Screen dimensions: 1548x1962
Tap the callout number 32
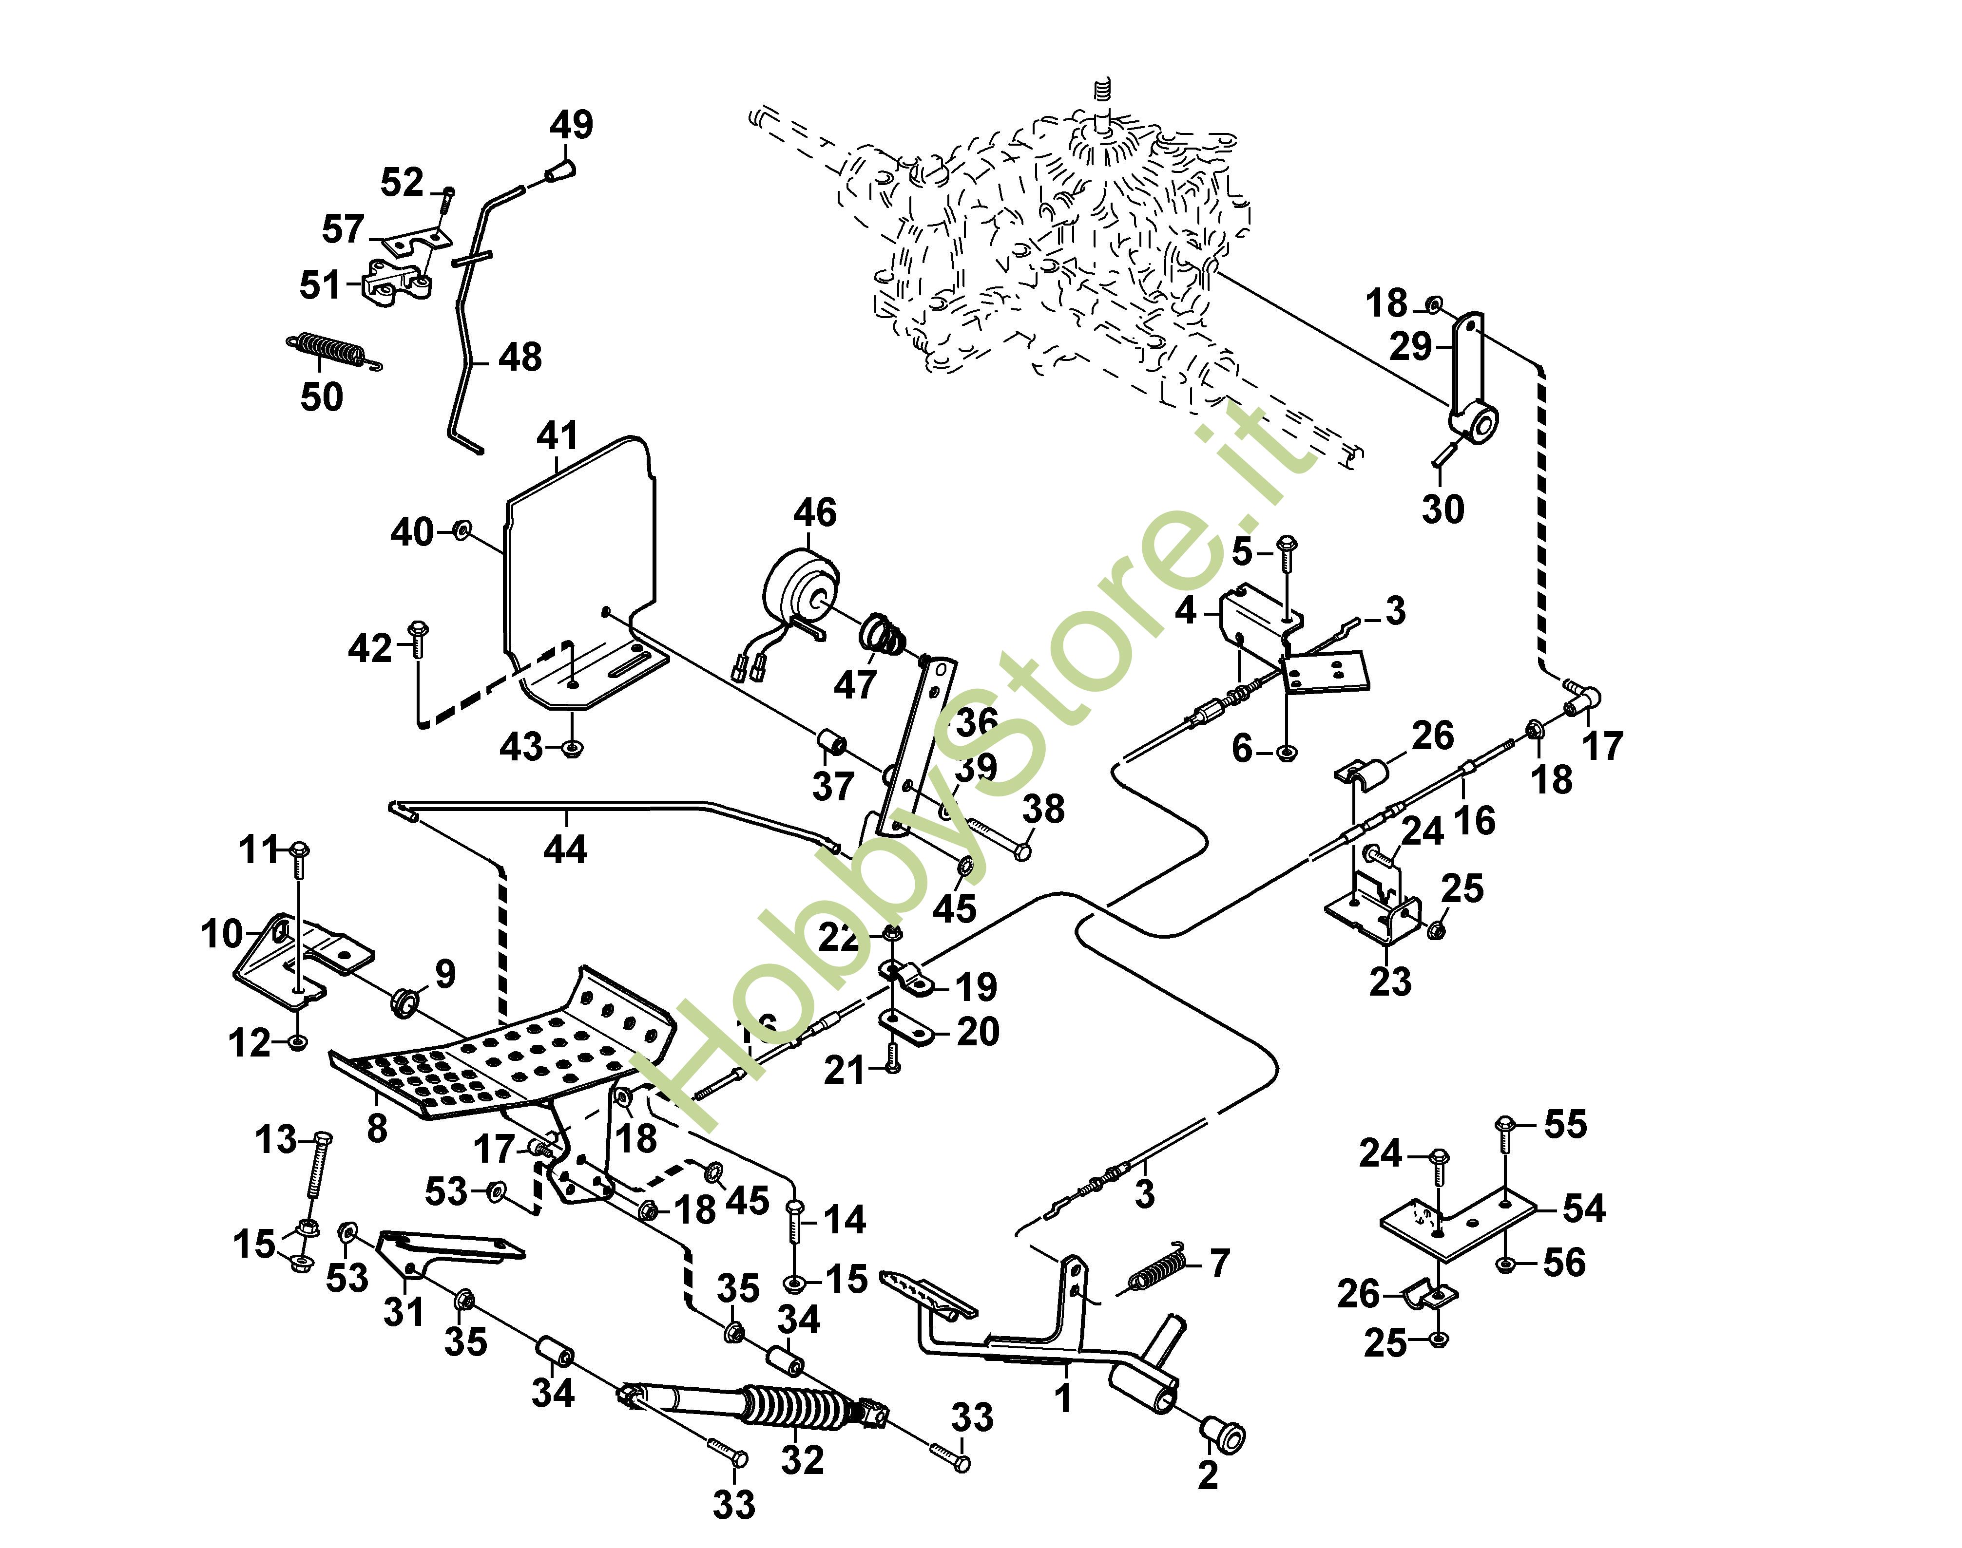click(x=802, y=1459)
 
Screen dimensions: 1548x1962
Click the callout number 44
click(x=565, y=850)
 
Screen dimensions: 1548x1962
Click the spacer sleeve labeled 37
click(x=832, y=744)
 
